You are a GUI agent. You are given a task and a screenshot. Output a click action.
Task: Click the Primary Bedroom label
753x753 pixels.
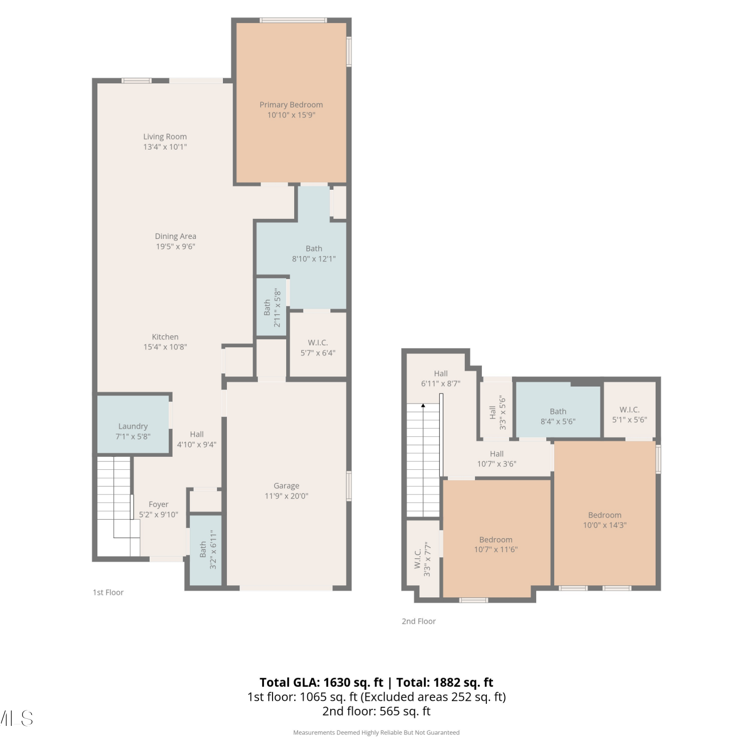(x=291, y=105)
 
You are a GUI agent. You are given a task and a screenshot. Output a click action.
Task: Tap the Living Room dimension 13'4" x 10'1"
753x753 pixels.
(x=165, y=147)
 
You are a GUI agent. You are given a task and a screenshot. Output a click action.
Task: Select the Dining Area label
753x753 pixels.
(x=175, y=236)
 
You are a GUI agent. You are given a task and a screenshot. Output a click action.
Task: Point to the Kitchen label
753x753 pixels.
(x=165, y=337)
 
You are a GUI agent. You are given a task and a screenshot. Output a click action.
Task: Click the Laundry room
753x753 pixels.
(x=134, y=425)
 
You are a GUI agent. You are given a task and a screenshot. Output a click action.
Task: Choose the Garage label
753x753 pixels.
(x=286, y=486)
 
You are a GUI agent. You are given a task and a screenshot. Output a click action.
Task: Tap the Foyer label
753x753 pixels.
(x=159, y=505)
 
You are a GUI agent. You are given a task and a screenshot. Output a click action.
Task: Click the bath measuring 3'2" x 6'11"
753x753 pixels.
(x=206, y=550)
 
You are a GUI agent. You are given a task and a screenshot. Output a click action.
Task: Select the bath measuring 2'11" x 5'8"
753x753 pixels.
(x=271, y=307)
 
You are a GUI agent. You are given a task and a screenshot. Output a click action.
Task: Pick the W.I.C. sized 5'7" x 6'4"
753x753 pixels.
(x=318, y=344)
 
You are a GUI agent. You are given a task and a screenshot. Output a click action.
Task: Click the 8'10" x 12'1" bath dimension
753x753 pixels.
(x=314, y=259)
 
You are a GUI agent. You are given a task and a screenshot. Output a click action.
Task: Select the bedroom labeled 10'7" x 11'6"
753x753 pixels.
(x=496, y=539)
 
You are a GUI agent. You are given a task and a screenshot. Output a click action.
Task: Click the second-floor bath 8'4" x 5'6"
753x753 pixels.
(x=558, y=410)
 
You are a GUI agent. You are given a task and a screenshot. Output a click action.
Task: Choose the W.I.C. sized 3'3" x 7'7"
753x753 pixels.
(x=423, y=559)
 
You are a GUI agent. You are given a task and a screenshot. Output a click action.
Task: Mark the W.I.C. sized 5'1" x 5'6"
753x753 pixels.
(x=630, y=410)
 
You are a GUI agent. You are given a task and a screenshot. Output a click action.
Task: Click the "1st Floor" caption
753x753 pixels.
(x=108, y=592)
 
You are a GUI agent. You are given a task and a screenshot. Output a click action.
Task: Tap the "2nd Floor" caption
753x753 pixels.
(x=419, y=621)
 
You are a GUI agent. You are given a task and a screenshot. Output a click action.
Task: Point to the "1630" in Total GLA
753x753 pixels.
(x=338, y=682)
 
